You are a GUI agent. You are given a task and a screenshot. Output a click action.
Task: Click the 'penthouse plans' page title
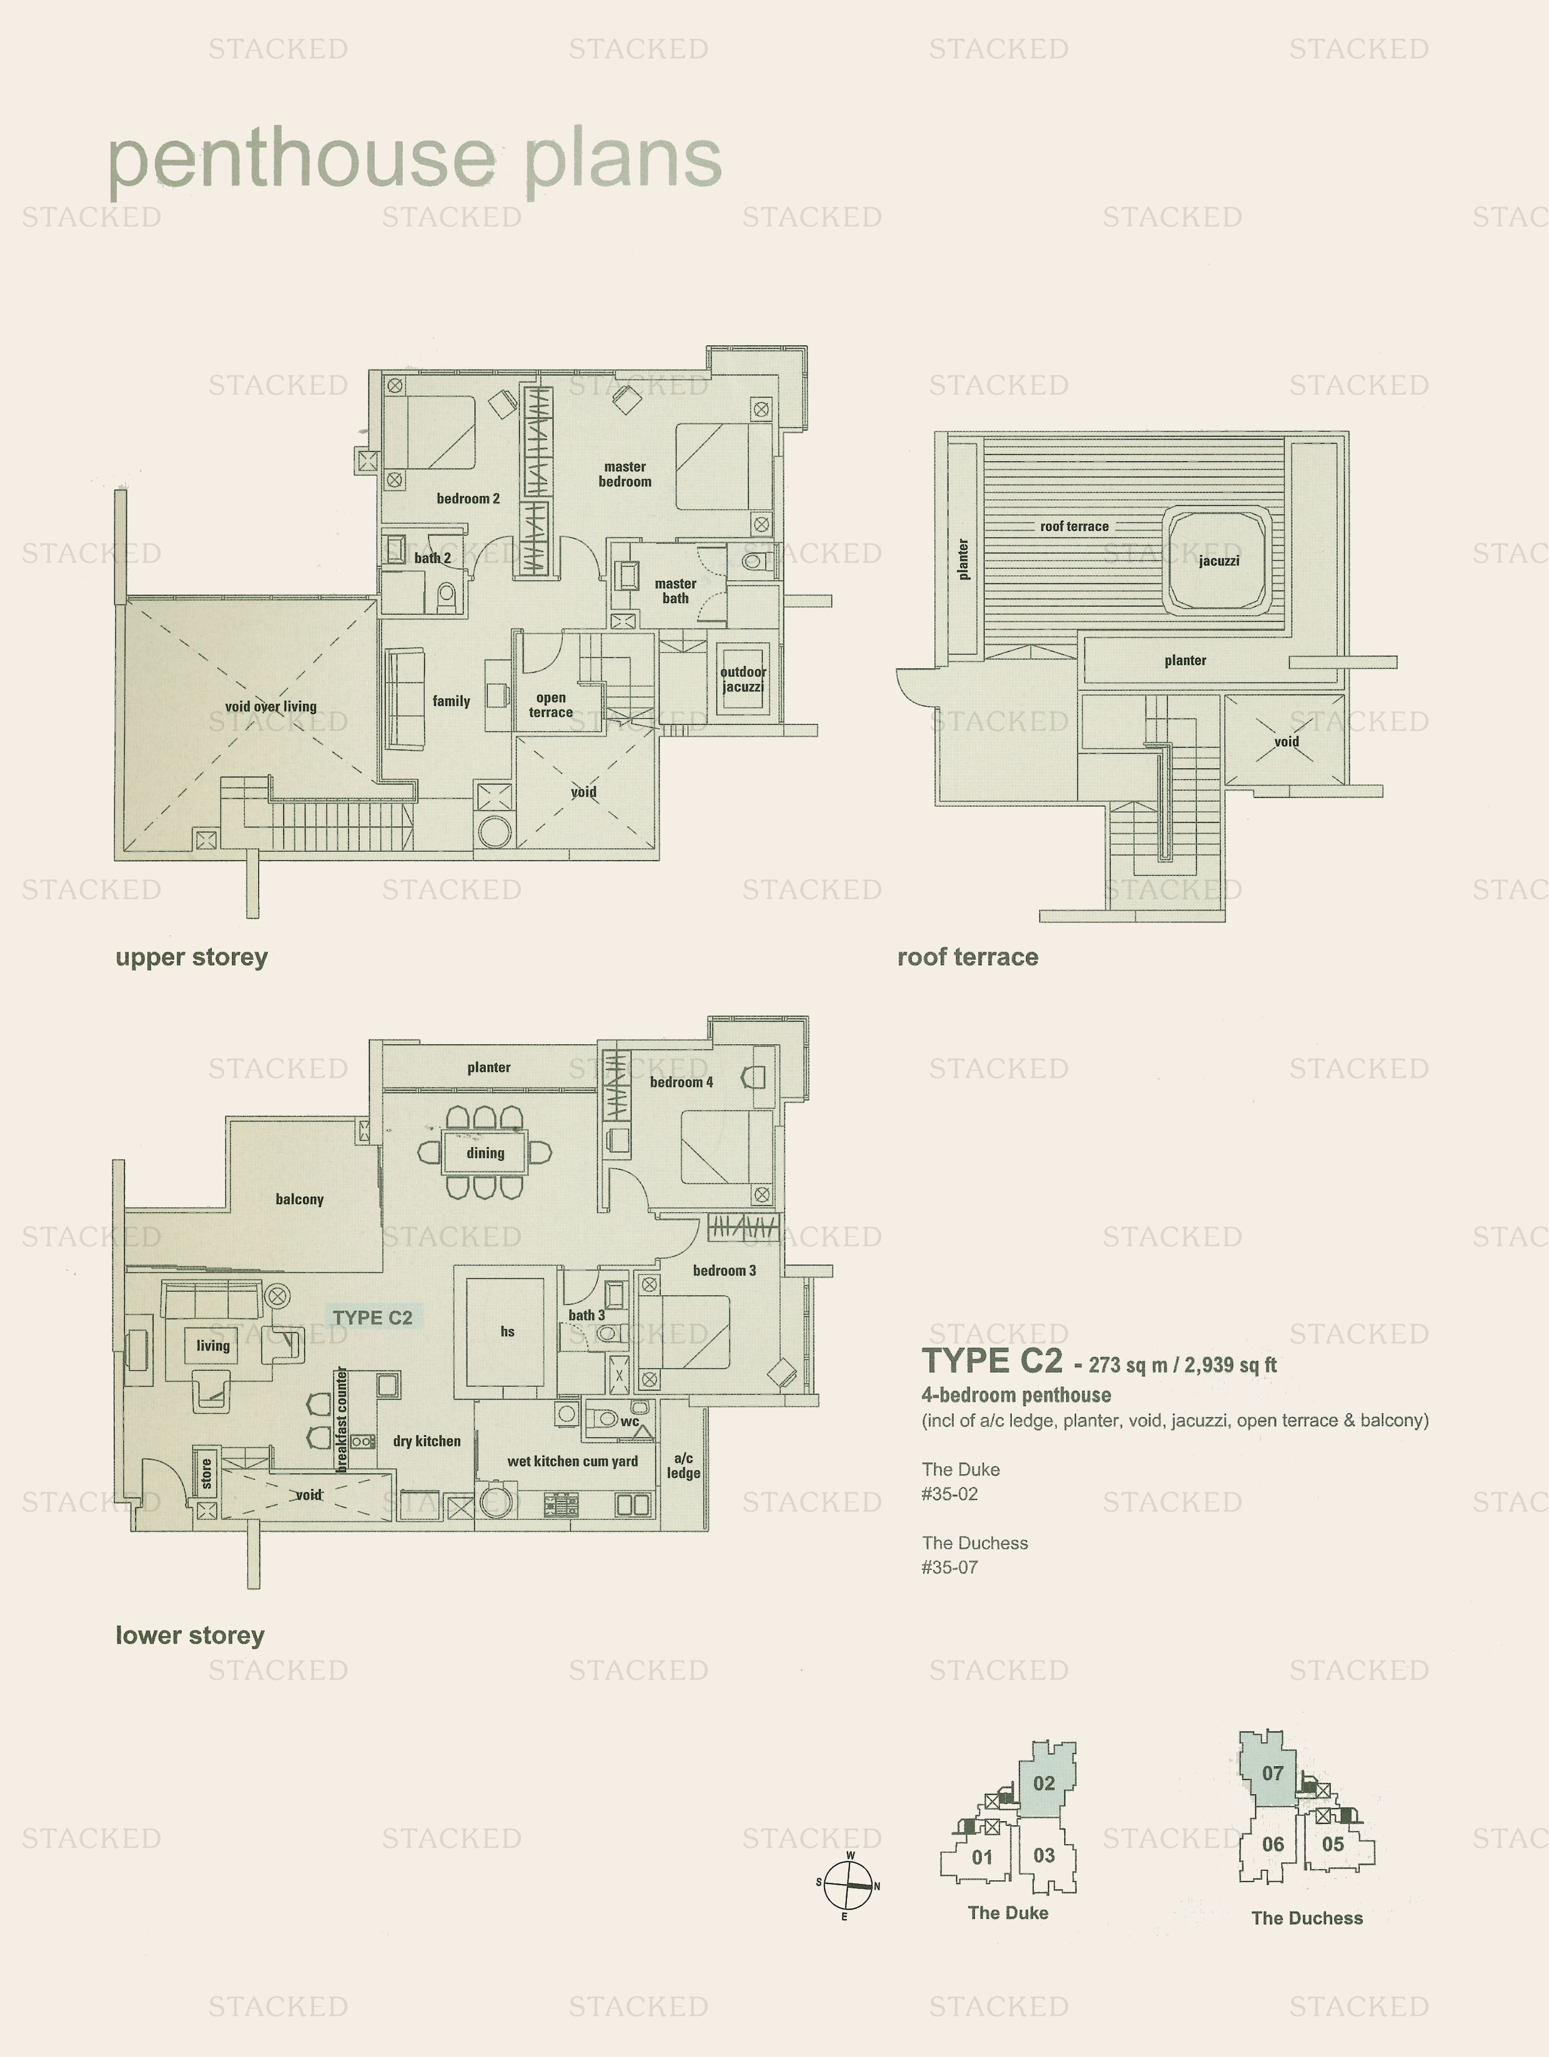click(415, 160)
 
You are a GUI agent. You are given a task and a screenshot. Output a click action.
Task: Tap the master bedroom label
click(625, 474)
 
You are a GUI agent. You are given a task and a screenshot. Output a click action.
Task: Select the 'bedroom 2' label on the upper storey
click(468, 498)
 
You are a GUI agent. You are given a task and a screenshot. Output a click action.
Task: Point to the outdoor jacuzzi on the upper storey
click(743, 679)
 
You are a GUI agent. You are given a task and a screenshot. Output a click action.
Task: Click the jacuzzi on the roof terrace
click(1219, 559)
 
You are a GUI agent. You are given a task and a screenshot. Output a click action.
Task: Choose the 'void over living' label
click(270, 707)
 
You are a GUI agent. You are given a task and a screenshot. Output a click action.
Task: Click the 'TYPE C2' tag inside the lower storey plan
click(373, 1318)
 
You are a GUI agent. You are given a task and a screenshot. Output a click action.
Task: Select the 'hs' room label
click(507, 1331)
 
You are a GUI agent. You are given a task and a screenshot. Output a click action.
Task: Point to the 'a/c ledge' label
click(684, 1466)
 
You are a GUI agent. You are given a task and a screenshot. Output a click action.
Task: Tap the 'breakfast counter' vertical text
click(342, 1419)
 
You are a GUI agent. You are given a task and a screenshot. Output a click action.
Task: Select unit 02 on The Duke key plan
click(1046, 1781)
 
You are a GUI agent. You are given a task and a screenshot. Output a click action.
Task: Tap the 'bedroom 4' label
click(681, 1082)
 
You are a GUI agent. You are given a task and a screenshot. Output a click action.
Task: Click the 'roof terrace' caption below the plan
click(968, 957)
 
